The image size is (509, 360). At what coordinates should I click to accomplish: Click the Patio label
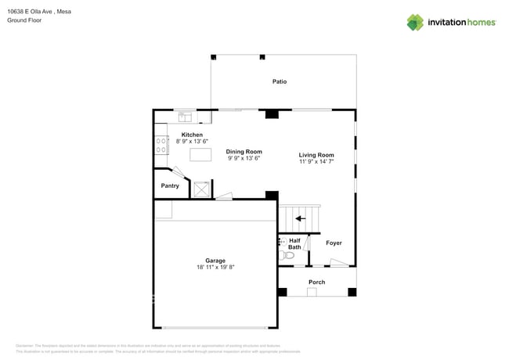[280, 81]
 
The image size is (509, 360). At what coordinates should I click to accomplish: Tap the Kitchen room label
[192, 135]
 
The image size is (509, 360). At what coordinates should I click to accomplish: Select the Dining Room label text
[244, 151]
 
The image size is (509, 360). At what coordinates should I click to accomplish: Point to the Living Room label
[316, 155]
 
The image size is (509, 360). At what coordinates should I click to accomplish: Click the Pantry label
[170, 185]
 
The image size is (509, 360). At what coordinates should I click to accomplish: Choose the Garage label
[215, 261]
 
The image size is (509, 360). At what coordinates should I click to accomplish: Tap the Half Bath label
[294, 243]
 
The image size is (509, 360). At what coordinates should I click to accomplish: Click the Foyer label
[334, 243]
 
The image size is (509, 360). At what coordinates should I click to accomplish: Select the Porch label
[316, 282]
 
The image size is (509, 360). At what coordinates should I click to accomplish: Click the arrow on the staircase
[300, 219]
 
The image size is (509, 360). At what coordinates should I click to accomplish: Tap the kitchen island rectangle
[200, 155]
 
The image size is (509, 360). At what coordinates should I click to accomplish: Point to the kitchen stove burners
[161, 144]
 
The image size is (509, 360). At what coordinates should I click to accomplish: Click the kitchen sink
[186, 117]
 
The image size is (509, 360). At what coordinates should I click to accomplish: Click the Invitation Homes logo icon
[415, 22]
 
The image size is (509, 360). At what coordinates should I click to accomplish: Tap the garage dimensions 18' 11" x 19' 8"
[215, 268]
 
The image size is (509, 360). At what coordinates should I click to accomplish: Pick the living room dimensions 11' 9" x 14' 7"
[316, 162]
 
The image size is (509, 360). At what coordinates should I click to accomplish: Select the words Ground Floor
[24, 20]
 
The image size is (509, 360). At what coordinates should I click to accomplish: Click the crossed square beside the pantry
[201, 189]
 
